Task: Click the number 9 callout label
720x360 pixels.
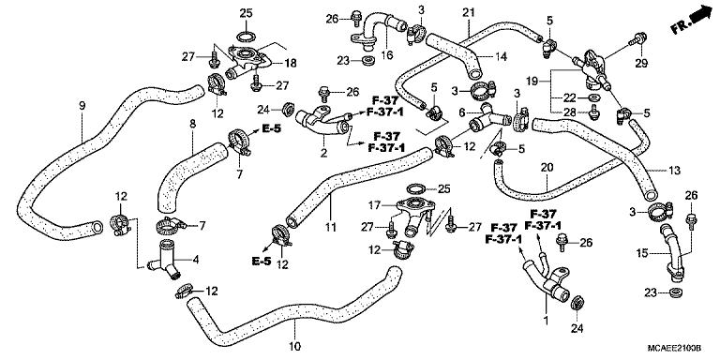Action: (x=82, y=105)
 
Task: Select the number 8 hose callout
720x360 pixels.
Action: (x=191, y=123)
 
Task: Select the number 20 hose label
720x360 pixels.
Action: (x=545, y=168)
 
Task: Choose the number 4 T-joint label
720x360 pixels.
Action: (x=195, y=260)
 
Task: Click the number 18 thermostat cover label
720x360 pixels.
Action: (x=291, y=63)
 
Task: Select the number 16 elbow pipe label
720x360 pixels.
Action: (x=384, y=56)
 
